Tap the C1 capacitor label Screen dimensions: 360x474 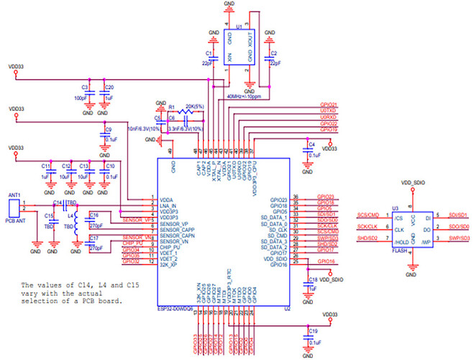[x=209, y=53]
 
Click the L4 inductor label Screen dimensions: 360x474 [x=70, y=215]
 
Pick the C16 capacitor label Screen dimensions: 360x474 [x=94, y=215]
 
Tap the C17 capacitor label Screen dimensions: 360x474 [x=94, y=238]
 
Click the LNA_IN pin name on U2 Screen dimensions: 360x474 [x=168, y=204]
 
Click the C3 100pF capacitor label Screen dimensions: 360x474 [x=84, y=87]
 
